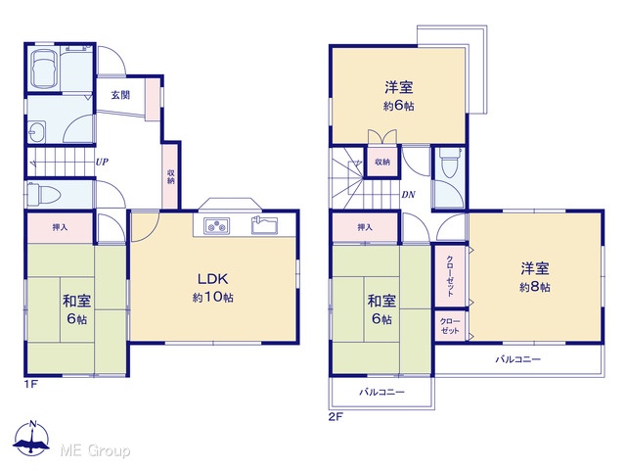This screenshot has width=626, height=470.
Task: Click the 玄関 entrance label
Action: click(x=120, y=95)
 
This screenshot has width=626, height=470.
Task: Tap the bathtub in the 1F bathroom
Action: click(x=44, y=69)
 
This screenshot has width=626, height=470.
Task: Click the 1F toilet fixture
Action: click(x=43, y=195)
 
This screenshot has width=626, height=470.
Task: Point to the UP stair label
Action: click(x=102, y=163)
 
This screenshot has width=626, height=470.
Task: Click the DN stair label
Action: click(x=409, y=195)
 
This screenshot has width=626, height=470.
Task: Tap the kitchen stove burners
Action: click(x=217, y=226)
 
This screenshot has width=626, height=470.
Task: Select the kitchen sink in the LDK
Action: click(x=265, y=225)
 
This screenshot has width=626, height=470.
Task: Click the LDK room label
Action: click(x=213, y=278)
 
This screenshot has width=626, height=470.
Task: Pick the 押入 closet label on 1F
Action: click(x=60, y=227)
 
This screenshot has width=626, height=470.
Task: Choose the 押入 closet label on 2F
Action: click(x=365, y=227)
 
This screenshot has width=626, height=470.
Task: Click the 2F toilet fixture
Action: click(x=450, y=164)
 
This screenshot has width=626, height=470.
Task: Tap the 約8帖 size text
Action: click(x=535, y=287)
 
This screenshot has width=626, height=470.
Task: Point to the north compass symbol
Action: click(x=31, y=438)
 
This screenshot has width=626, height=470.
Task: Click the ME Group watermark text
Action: click(x=95, y=450)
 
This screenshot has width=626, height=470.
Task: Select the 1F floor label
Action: click(x=30, y=385)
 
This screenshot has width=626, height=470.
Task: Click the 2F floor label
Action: click(x=335, y=417)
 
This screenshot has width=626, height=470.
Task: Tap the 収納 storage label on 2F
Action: click(x=382, y=162)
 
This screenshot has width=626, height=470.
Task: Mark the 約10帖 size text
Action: click(x=213, y=298)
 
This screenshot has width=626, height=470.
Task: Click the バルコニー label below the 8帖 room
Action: click(x=518, y=359)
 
